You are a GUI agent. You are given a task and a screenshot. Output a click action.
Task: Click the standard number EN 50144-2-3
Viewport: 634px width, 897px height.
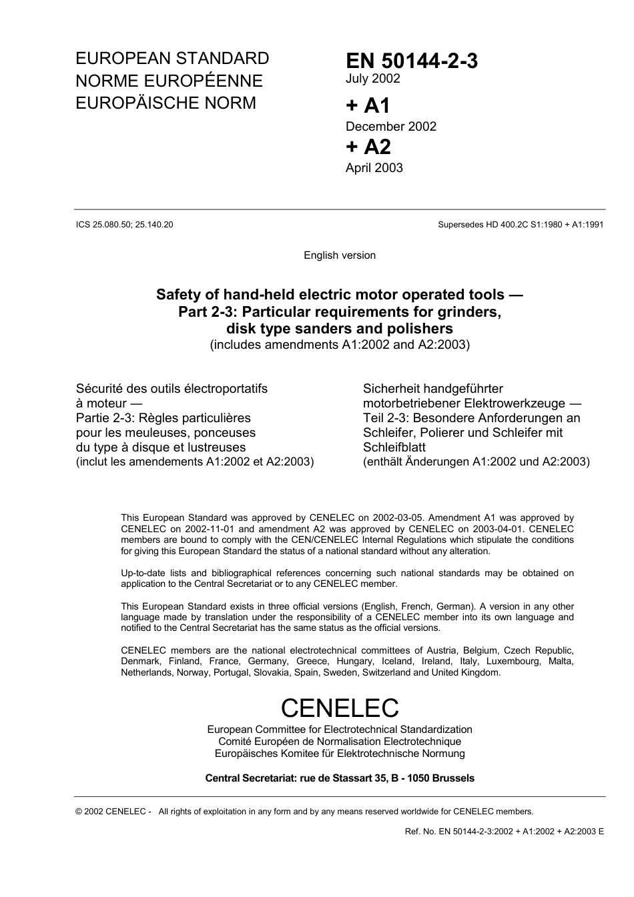pyautogui.click(x=411, y=61)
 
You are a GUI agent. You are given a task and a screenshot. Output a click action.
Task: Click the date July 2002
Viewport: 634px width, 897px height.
pyautogui.click(x=372, y=79)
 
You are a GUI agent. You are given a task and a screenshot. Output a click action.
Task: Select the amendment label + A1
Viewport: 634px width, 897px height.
pyautogui.click(x=367, y=105)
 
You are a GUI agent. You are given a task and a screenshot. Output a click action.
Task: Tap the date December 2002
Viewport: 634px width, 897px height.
pyautogui.click(x=390, y=127)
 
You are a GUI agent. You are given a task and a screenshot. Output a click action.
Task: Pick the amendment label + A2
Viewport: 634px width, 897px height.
pyautogui.click(x=368, y=147)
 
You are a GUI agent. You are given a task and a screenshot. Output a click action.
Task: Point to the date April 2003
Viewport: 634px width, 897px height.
pyautogui.click(x=374, y=168)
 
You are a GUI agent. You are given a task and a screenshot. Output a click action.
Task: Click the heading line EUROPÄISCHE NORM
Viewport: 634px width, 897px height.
pyautogui.click(x=166, y=103)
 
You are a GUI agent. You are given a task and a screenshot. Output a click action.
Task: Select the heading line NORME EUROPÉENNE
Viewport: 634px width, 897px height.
pyautogui.click(x=169, y=81)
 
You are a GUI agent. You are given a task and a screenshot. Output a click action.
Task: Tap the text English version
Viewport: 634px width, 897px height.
pyautogui.click(x=340, y=255)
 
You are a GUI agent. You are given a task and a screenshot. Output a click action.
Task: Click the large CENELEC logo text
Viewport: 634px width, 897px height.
pyautogui.click(x=340, y=708)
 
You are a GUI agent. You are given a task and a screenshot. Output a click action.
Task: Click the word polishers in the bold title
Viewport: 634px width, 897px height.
pyautogui.click(x=422, y=328)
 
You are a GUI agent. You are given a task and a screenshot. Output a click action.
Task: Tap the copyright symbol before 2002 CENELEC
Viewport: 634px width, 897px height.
pyautogui.click(x=79, y=812)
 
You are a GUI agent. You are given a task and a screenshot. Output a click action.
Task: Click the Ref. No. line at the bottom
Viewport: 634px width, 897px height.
pyautogui.click(x=504, y=832)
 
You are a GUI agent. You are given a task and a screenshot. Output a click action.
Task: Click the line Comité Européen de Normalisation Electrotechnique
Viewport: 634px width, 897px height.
pyautogui.click(x=340, y=742)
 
